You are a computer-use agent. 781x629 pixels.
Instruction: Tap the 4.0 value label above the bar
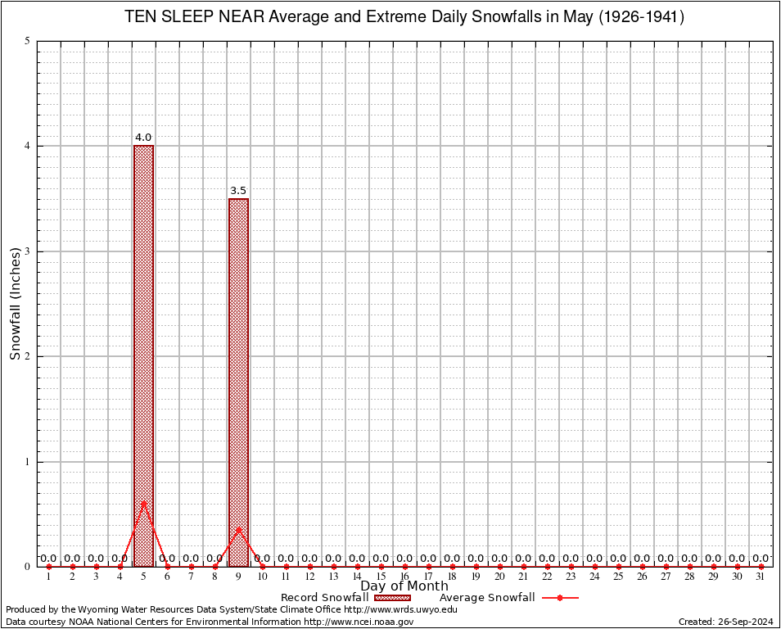143,138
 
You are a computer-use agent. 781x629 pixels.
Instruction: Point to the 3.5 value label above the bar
238,191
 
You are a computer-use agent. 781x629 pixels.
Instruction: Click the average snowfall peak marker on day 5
143,502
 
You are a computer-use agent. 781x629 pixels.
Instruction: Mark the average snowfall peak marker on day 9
238,529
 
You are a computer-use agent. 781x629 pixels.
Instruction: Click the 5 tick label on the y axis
28,41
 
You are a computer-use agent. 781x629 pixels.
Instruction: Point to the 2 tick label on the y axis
28,356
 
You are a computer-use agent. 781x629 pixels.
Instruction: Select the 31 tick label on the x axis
761,577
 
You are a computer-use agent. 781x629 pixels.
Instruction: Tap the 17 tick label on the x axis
428,577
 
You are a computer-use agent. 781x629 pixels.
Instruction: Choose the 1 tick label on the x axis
48,577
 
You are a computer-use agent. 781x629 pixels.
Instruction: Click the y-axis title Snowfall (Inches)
15,303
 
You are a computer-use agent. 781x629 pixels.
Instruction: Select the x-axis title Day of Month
404,586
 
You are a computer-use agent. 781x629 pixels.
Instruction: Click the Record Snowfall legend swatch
392,598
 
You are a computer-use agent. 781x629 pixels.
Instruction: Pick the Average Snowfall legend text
487,598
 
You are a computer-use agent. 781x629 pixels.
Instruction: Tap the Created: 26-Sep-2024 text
726,622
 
